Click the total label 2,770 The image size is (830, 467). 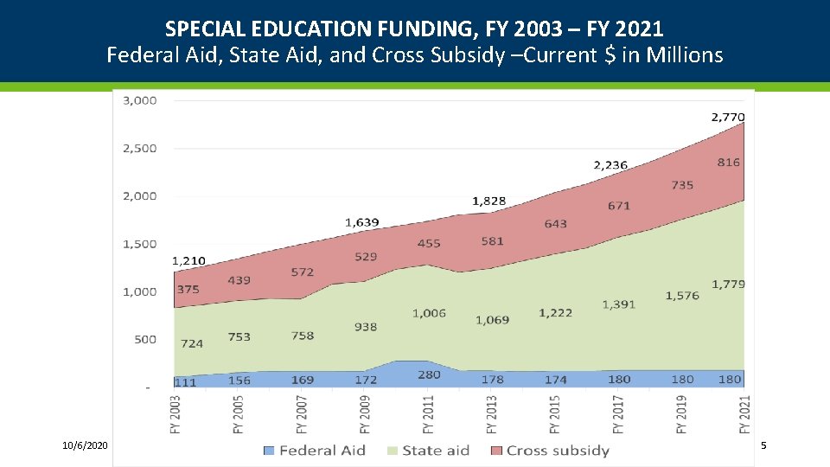click(728, 117)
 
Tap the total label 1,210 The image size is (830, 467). click(188, 259)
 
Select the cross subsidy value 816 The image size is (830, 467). click(728, 163)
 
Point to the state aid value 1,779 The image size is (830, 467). click(728, 284)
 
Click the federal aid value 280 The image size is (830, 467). click(429, 374)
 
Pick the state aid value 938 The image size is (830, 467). click(365, 327)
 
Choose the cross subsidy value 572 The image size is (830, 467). click(303, 272)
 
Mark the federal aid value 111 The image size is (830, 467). click(185, 381)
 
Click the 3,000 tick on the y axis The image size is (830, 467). click(140, 100)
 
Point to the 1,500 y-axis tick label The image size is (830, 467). click(140, 244)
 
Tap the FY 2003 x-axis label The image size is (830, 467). click(176, 414)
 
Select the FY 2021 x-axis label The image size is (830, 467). click(745, 414)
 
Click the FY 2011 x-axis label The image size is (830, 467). click(429, 414)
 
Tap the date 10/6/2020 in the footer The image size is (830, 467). click(85, 445)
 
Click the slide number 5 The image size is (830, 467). click(763, 445)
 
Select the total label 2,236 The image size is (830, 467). click(610, 164)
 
